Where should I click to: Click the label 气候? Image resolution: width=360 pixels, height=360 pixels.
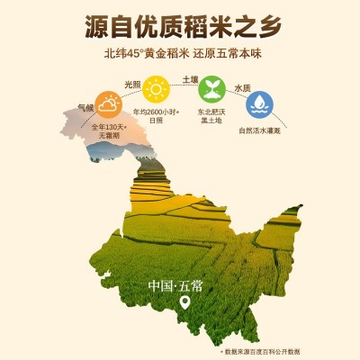tap(85, 106)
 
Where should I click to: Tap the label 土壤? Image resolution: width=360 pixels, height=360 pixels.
tap(191, 79)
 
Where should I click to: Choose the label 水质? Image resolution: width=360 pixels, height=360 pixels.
tap(242, 88)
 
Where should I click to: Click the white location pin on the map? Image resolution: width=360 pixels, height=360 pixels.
tap(185, 303)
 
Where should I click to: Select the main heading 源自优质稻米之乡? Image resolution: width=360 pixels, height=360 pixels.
tap(180, 26)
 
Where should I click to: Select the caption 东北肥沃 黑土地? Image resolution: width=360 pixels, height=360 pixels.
tap(212, 116)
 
